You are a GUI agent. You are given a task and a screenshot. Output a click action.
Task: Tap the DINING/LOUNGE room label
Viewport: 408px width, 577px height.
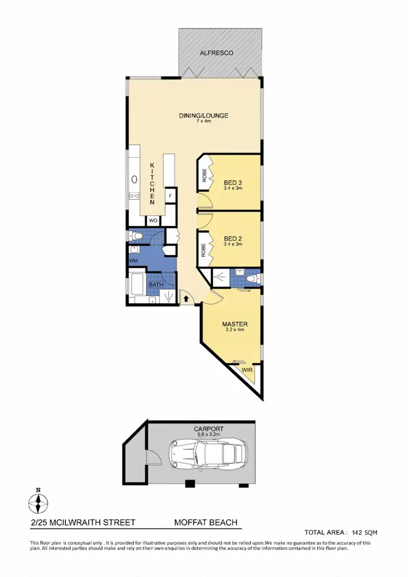pyautogui.click(x=203, y=115)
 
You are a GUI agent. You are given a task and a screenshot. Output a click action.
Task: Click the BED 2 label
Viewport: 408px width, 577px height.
pyautogui.click(x=232, y=238)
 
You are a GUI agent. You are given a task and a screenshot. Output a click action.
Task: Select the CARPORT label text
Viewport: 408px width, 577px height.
pyautogui.click(x=208, y=429)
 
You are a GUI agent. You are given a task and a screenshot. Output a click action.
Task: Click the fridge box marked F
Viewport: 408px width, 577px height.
pyautogui.click(x=170, y=195)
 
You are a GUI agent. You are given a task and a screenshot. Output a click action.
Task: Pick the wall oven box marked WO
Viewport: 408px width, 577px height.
pyautogui.click(x=153, y=221)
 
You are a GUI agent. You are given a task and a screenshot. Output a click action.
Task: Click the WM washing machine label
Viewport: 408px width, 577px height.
pyautogui.click(x=134, y=261)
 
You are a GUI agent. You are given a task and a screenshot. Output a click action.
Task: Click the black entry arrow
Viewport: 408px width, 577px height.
pyautogui.click(x=185, y=298)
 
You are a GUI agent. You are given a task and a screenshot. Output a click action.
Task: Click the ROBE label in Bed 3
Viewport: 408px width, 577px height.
pyautogui.click(x=204, y=175)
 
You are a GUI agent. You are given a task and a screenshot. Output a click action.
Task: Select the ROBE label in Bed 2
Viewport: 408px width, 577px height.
pyautogui.click(x=204, y=249)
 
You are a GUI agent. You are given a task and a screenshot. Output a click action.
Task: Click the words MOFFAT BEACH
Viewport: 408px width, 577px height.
pyautogui.click(x=206, y=523)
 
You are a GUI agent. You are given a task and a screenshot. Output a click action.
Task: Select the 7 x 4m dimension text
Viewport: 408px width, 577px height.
pyautogui.click(x=203, y=121)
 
